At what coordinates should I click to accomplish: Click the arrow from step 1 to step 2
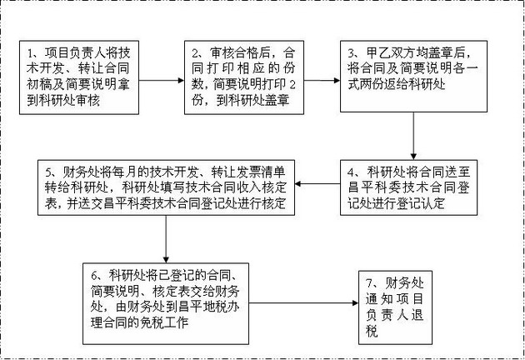tap(162, 82)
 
